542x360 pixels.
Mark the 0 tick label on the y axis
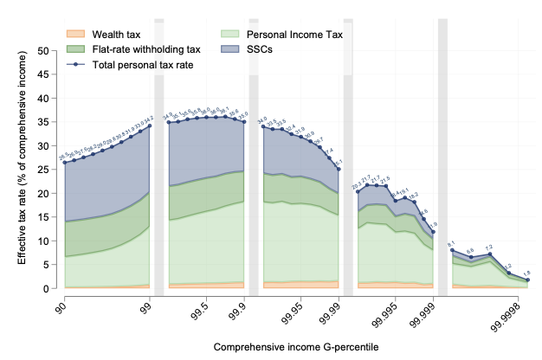point(49,288)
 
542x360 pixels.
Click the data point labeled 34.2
point(151,126)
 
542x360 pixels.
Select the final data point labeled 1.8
point(528,280)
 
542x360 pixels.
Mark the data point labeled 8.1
point(452,250)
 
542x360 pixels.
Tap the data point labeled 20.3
point(358,192)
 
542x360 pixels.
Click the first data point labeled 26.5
point(64,163)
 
